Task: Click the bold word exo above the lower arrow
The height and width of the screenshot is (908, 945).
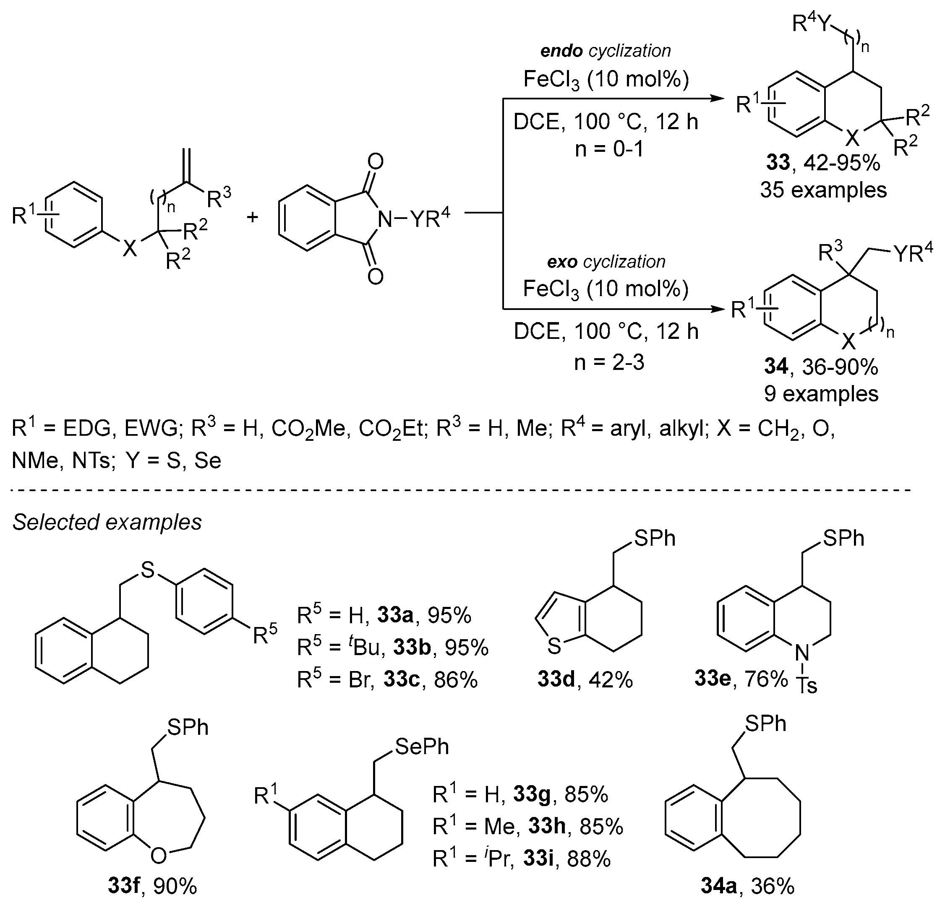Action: pos(562,262)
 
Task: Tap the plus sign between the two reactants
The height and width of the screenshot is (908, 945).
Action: pos(252,217)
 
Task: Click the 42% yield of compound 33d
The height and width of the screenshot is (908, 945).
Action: pos(610,679)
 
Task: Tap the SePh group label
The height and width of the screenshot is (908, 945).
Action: pos(422,747)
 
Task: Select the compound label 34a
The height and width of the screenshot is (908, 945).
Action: pos(718,886)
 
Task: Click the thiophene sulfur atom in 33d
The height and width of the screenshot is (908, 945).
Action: pos(554,646)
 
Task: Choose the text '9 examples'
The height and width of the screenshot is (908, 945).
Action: pos(821,394)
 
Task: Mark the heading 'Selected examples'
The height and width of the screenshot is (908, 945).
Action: pos(107,523)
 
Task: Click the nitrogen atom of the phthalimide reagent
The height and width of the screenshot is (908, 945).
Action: pos(385,219)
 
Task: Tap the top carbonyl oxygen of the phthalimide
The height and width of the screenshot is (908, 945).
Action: pos(376,162)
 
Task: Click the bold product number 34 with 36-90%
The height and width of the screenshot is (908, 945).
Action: pos(776,367)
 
